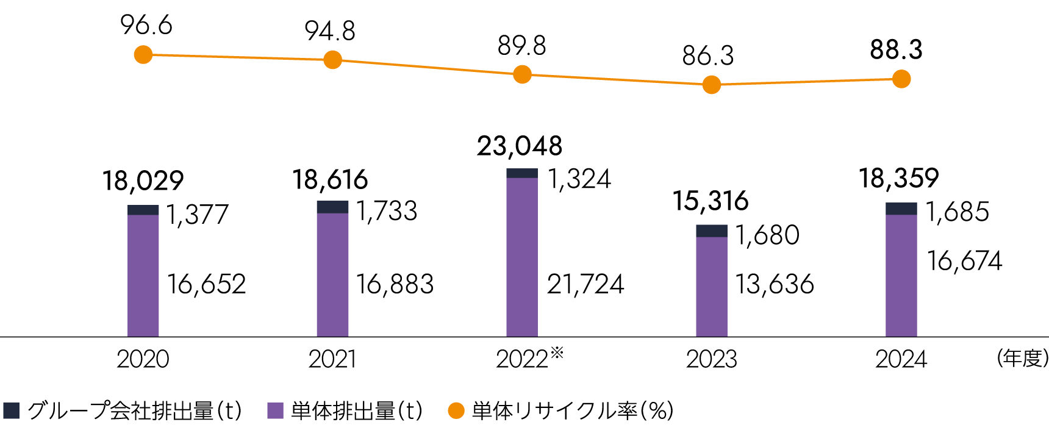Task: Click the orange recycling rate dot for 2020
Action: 143,55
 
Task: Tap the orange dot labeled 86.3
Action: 711,85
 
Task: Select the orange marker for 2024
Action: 901,79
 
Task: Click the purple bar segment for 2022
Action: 522,256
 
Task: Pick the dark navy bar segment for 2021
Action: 332,207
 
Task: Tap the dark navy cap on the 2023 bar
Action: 712,231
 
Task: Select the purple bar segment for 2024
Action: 901,274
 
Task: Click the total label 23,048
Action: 520,146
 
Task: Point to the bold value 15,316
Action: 711,201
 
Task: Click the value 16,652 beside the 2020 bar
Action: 206,284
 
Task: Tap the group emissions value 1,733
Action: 387,211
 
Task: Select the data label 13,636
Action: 774,284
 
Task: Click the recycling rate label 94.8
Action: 330,31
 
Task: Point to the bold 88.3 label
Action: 896,50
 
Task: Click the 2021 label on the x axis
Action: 332,359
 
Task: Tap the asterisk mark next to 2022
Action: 557,352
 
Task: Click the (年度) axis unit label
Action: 1022,358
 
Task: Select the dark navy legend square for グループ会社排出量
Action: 12,410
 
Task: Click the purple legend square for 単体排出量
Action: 276,410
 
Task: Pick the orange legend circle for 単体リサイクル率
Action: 456,410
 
